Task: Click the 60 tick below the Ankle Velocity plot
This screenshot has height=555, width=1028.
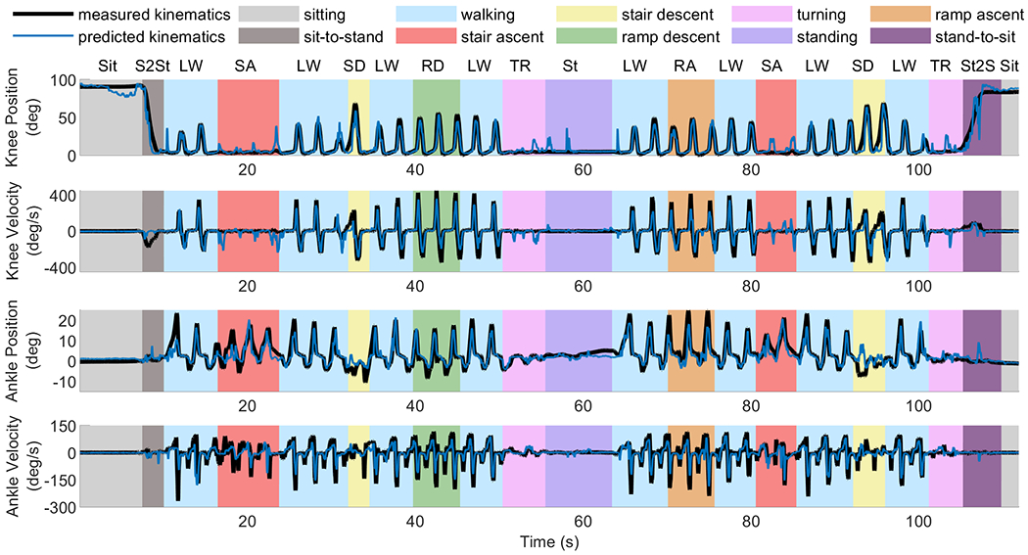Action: tap(583, 520)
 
